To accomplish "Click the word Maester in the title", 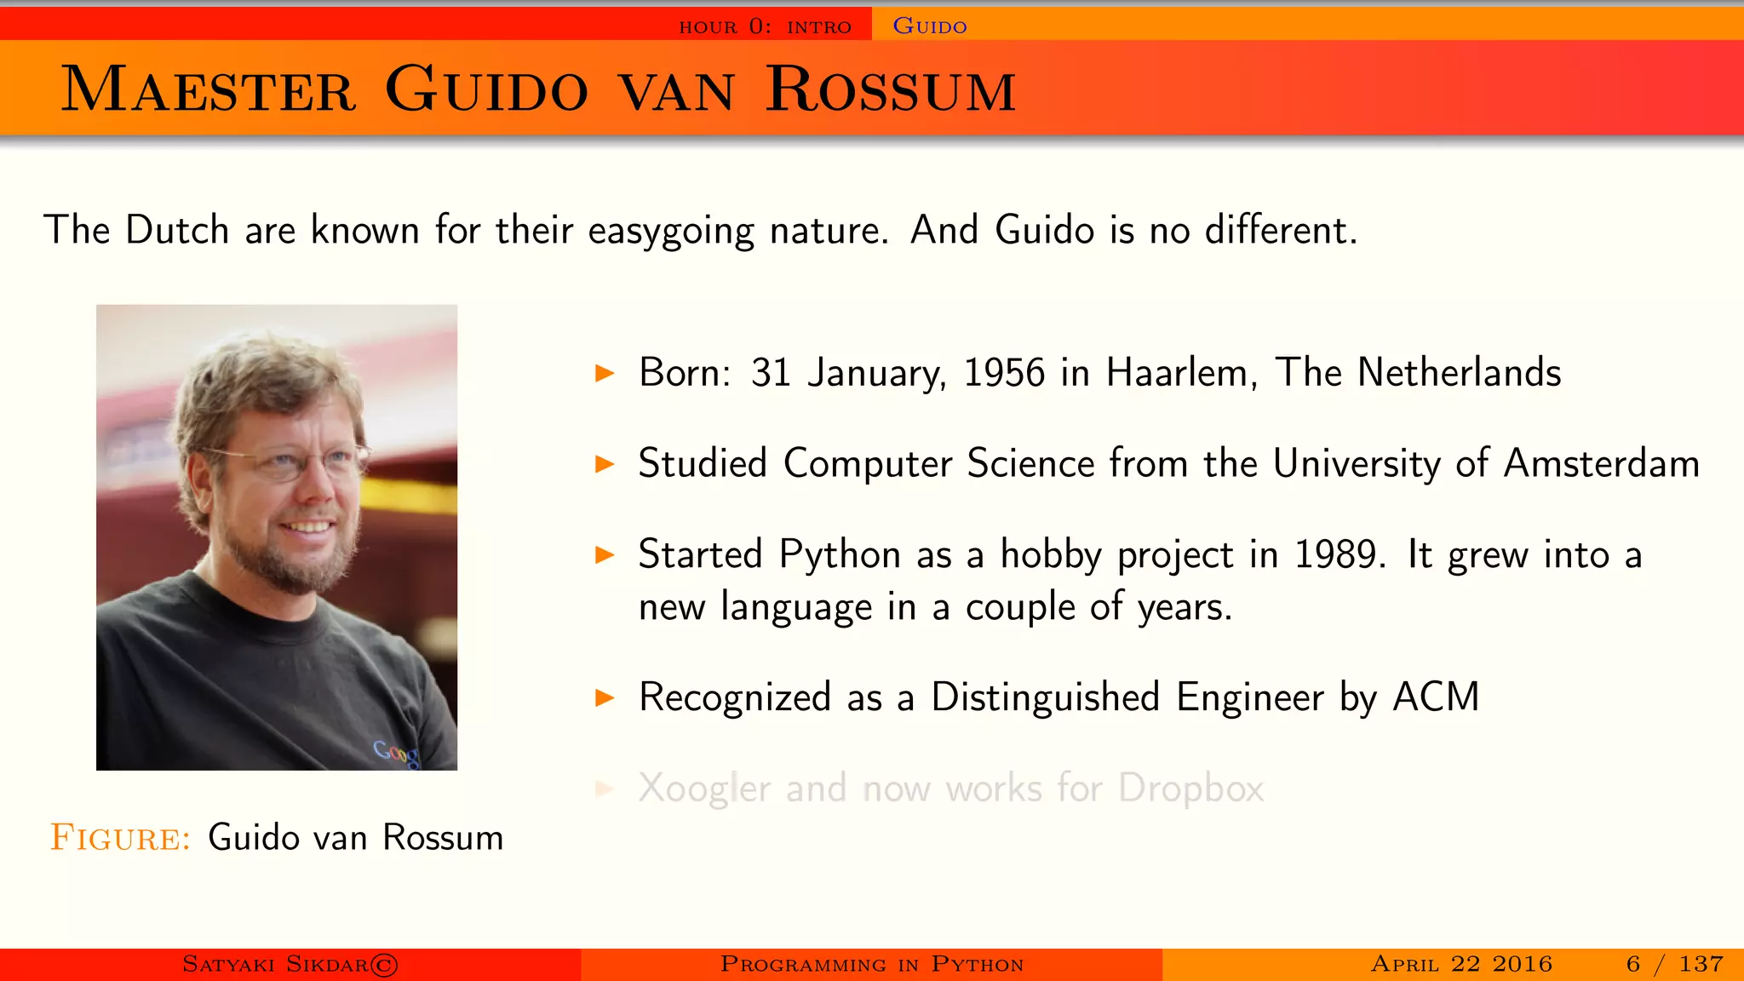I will coord(208,89).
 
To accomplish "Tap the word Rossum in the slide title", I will coord(891,89).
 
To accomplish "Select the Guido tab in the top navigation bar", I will coord(929,26).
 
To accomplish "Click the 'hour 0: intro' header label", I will coord(765,26).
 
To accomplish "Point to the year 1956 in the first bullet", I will coord(1004,373).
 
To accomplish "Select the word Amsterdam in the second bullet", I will coord(1601,464).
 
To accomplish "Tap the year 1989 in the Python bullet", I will coord(1335,554).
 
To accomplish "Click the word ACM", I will coord(1436,697).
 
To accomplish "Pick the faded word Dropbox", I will coord(1190,789).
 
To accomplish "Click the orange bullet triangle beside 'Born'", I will coord(605,373).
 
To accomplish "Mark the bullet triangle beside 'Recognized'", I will coord(605,698).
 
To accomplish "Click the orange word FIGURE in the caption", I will coord(120,838).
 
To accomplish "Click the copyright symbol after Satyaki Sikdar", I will coord(384,965).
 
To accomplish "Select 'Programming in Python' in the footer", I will coord(871,964).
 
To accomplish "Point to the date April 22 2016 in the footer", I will coord(1461,964).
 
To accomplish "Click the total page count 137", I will coord(1701,964).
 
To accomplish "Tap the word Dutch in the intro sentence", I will coord(177,230).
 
